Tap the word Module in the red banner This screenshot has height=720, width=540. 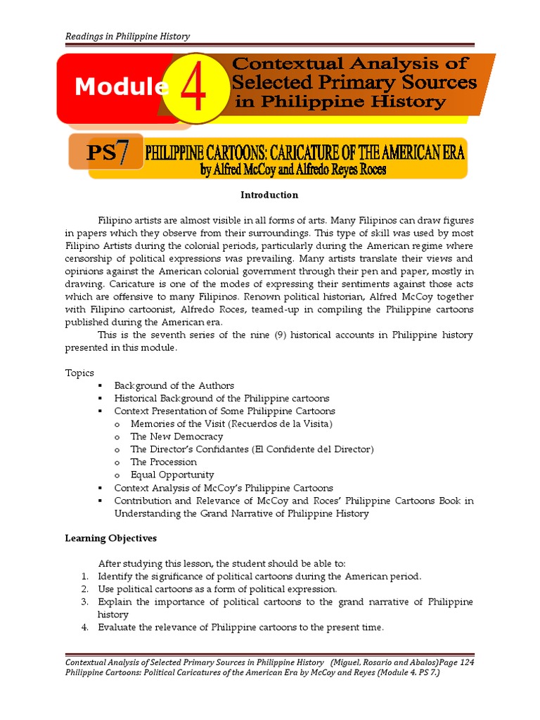pyautogui.click(x=121, y=87)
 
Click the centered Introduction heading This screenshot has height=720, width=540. pyautogui.click(x=269, y=195)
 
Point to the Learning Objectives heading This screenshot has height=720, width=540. pyautogui.click(x=111, y=538)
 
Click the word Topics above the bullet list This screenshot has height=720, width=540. pyautogui.click(x=79, y=373)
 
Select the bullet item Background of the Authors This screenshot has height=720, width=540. pyautogui.click(x=174, y=385)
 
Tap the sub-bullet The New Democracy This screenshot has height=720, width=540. pyautogui.click(x=176, y=437)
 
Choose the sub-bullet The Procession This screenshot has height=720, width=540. pyautogui.click(x=163, y=462)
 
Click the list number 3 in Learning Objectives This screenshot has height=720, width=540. pyautogui.click(x=83, y=602)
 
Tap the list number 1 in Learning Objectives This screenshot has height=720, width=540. pyautogui.click(x=83, y=577)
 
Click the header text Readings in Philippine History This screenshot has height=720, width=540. pyautogui.click(x=127, y=37)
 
